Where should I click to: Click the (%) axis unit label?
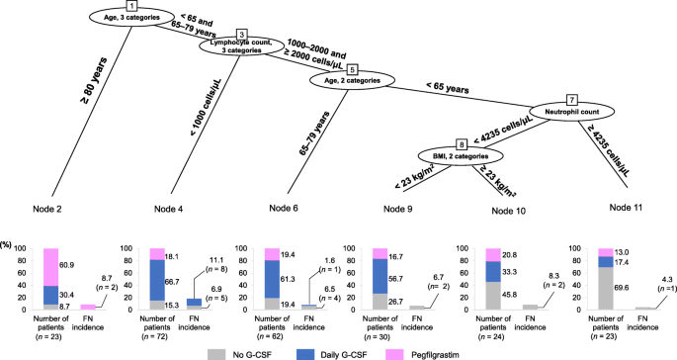[x=12, y=244]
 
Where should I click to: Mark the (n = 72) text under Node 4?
[x=148, y=333]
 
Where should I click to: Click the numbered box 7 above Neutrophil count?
[x=570, y=100]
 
